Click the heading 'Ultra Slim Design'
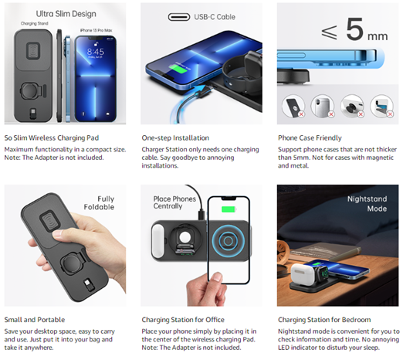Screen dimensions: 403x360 [x=66, y=14]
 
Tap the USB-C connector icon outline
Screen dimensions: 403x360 [x=179, y=17]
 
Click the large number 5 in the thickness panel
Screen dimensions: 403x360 [x=354, y=29]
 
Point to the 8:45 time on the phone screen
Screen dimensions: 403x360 [x=96, y=52]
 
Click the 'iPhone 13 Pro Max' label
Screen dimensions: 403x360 [x=96, y=30]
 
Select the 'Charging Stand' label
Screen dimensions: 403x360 [x=35, y=23]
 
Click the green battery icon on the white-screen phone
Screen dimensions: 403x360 [x=229, y=209]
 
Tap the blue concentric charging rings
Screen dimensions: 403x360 [x=228, y=241]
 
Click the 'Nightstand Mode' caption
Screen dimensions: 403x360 [x=367, y=203]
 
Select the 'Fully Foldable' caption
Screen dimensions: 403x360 [x=99, y=203]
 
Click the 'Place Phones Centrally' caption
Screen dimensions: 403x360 [x=174, y=202]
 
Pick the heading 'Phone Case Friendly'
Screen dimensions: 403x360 [x=310, y=138]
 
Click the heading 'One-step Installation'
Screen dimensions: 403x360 [x=175, y=138]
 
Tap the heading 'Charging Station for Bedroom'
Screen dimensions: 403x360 [x=324, y=320]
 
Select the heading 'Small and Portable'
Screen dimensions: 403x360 [x=35, y=320]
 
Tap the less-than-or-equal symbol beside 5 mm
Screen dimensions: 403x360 [x=329, y=32]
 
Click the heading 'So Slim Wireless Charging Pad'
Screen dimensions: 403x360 [x=52, y=138]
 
